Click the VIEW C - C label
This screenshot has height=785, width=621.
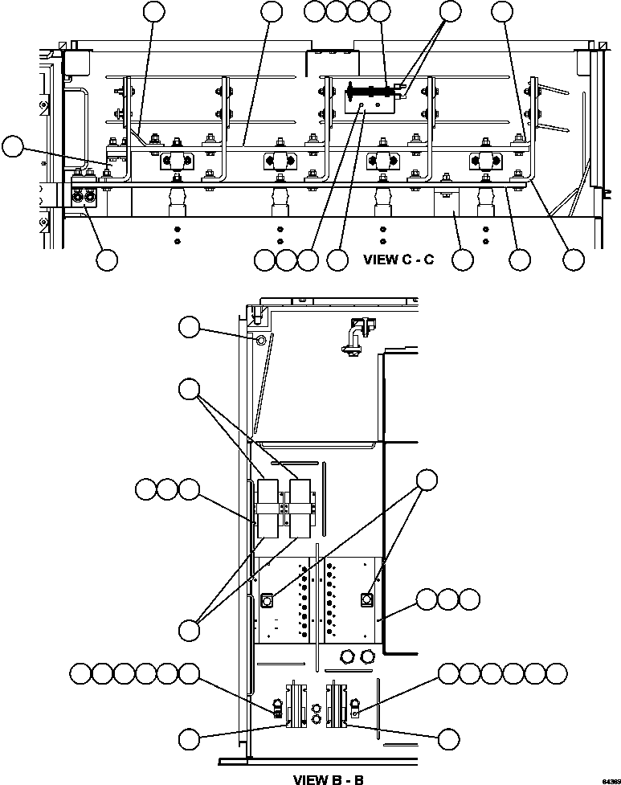coord(398,260)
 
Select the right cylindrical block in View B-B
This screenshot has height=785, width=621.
coord(301,509)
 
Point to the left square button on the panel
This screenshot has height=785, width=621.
coord(267,599)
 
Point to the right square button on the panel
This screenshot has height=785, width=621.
coord(367,599)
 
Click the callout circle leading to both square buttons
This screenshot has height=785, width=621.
coord(427,480)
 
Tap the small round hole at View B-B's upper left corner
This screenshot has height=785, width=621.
coord(260,341)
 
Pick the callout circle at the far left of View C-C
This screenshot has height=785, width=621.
coord(12,146)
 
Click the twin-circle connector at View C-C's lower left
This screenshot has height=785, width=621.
coord(83,196)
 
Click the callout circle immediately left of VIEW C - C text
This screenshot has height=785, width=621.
coord(337,260)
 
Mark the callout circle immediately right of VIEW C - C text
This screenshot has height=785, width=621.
coord(463,260)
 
